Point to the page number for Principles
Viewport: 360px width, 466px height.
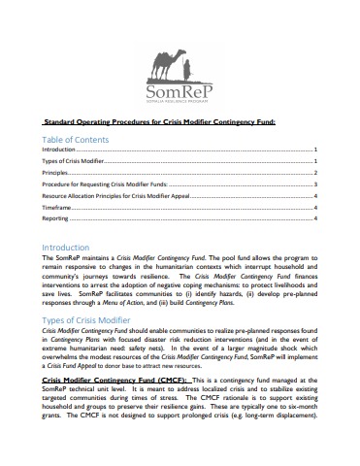click(317, 173)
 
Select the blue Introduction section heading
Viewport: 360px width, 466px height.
click(66, 248)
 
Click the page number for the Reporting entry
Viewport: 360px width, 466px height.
click(317, 219)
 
